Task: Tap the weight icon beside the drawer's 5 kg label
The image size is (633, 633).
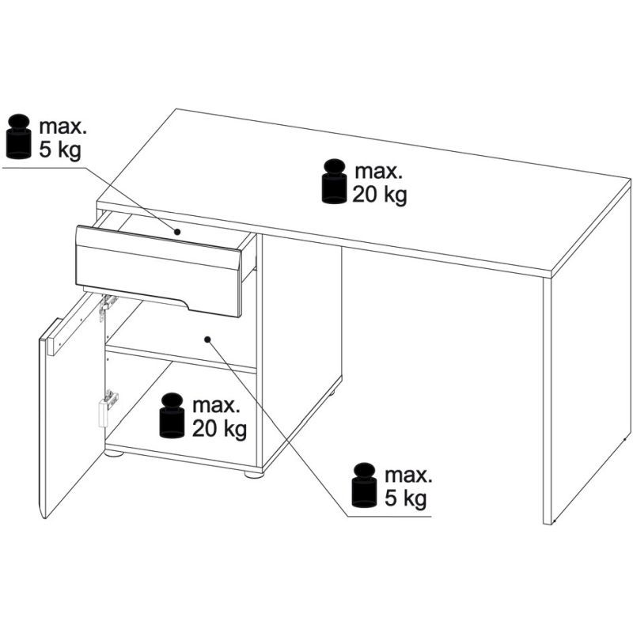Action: point(19,136)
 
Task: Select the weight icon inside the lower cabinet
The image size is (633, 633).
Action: point(172,415)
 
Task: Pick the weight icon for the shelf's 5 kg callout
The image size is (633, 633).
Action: point(365,485)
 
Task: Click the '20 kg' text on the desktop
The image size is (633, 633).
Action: point(380,195)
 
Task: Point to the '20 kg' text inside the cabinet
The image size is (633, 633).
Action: point(219,429)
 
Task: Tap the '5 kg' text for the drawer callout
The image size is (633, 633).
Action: point(60,150)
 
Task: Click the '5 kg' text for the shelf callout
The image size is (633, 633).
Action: point(405,499)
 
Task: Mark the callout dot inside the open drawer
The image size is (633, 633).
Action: point(176,232)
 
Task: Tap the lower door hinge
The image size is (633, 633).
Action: point(108,407)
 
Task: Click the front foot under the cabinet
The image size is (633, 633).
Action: point(253,473)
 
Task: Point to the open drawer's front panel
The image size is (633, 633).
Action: point(160,271)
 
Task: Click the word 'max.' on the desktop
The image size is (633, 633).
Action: point(379,172)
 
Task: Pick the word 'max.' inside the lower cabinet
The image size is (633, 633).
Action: point(216,406)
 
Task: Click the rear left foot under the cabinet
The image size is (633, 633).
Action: point(114,453)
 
